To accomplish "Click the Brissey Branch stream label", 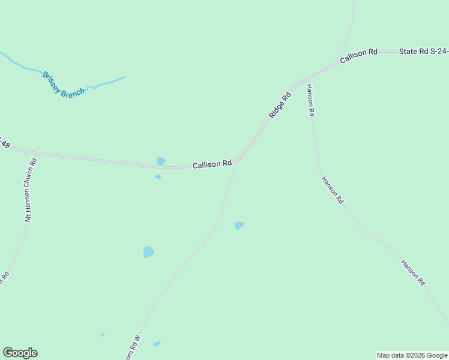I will (63, 85).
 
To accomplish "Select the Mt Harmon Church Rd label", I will (31, 190).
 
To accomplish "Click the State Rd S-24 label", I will (423, 52).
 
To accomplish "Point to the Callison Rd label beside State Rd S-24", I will (358, 57).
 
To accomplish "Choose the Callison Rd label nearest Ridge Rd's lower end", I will (212, 164).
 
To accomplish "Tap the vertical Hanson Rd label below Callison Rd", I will (310, 100).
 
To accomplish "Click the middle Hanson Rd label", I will (332, 190).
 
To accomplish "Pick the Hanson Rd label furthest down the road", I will (413, 272).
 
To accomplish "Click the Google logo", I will (20, 353).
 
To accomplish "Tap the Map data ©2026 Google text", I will (412, 355).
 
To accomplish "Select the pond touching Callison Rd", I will (161, 161).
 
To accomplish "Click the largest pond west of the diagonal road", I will (149, 252).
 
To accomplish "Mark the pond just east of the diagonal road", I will (239, 226).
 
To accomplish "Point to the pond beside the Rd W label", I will (157, 344).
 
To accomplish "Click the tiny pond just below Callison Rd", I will (158, 177).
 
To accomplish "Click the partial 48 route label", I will (5, 144).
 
